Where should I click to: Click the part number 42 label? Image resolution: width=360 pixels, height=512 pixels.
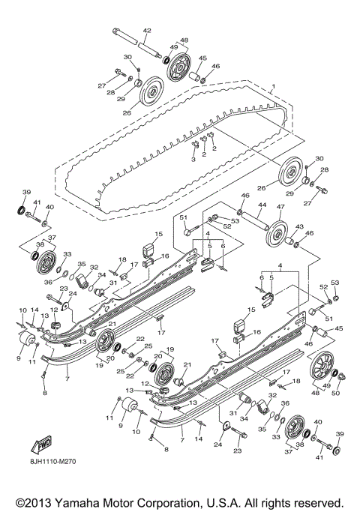pos(147,30)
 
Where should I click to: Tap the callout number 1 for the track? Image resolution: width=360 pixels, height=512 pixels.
pos(273,88)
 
